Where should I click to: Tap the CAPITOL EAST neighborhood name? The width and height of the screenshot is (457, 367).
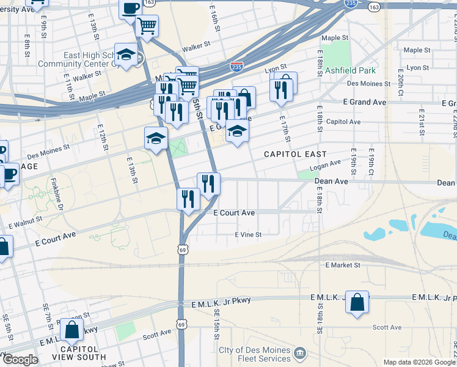coord(295,154)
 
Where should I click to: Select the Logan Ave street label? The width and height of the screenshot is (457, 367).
coord(324,166)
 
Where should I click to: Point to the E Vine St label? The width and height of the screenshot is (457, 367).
coord(248,234)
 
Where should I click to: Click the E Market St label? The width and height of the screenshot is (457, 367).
coord(343,265)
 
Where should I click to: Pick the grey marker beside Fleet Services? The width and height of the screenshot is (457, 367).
coord(299,353)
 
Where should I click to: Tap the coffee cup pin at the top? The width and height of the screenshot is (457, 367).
coord(131,9)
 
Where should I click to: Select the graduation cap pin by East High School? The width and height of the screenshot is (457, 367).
coord(126,56)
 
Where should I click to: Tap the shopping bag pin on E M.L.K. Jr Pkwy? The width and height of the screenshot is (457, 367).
coord(357,302)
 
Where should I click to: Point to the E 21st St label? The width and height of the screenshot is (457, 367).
coord(422,123)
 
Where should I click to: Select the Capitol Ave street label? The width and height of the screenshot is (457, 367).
coord(343,122)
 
